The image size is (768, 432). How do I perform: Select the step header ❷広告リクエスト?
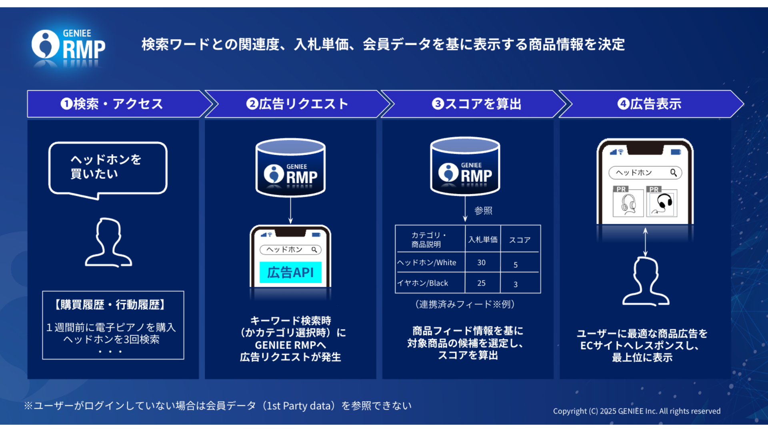[297, 104]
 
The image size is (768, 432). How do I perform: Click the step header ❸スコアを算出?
[477, 104]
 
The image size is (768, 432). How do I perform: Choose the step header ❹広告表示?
[650, 104]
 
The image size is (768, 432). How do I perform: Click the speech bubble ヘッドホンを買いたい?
[108, 170]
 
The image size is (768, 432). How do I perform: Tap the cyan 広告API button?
[290, 272]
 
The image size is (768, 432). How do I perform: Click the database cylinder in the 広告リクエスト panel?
[290, 168]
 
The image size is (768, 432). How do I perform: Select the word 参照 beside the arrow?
[483, 211]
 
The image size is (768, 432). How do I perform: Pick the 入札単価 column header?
[483, 240]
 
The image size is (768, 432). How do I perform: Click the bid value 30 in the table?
[481, 263]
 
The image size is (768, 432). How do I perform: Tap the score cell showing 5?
[516, 265]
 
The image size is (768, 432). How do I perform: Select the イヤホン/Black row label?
[422, 283]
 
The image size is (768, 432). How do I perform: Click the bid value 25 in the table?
[481, 283]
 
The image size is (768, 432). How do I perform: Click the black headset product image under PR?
[662, 203]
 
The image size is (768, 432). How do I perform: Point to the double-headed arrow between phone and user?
[645, 242]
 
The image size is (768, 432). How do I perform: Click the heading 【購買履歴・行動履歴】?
[110, 305]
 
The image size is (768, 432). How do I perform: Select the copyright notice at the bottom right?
[637, 411]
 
